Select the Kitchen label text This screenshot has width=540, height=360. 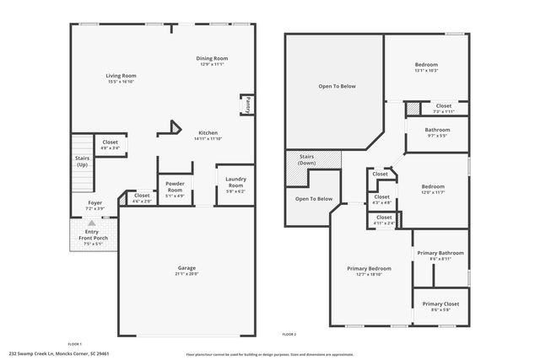(x=208, y=133)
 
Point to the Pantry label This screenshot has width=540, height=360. (x=248, y=105)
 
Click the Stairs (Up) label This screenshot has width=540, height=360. (x=82, y=161)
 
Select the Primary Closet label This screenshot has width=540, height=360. (x=440, y=305)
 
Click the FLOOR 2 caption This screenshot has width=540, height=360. (x=289, y=335)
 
